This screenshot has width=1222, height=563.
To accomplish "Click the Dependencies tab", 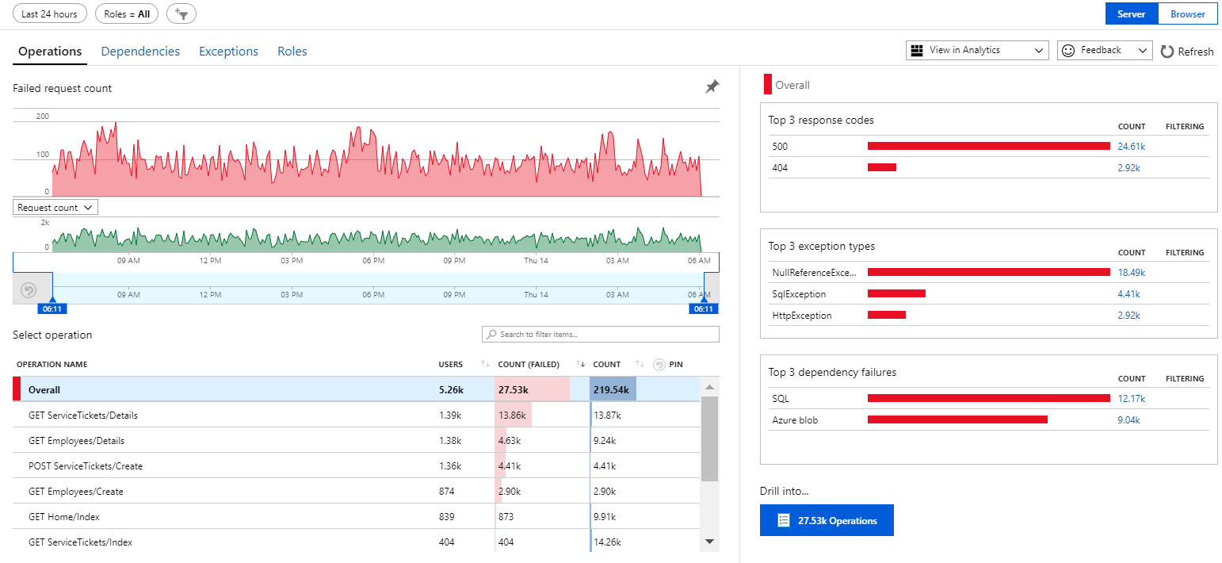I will tap(140, 52).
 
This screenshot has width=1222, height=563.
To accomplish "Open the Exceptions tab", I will tap(228, 52).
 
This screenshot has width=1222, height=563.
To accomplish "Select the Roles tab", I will tap(292, 52).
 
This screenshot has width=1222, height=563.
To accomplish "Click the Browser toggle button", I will tap(1187, 13).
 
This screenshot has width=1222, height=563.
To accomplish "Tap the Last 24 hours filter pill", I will tap(49, 13).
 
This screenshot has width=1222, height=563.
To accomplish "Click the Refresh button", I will tap(1186, 52).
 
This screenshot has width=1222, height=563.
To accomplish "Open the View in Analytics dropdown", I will tap(977, 50).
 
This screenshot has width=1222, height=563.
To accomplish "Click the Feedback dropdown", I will tap(1104, 50).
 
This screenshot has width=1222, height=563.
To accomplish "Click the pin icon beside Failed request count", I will tap(712, 86).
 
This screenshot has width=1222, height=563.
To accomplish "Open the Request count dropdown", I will tap(55, 207).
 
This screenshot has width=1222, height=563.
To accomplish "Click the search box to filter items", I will tap(601, 335).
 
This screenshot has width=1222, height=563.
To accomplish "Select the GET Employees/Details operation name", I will tap(76, 441).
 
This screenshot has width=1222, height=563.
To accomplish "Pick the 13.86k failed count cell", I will tap(513, 416).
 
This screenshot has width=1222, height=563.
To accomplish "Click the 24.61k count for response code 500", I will tap(1131, 147).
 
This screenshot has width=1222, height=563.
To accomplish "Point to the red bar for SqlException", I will tap(896, 294).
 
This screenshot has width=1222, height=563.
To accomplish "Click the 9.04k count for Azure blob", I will tap(1128, 420).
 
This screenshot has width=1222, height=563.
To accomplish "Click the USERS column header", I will tap(450, 365).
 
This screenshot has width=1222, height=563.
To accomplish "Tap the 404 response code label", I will tap(780, 168).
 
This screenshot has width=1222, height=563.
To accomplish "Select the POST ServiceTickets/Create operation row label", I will tap(86, 466).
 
